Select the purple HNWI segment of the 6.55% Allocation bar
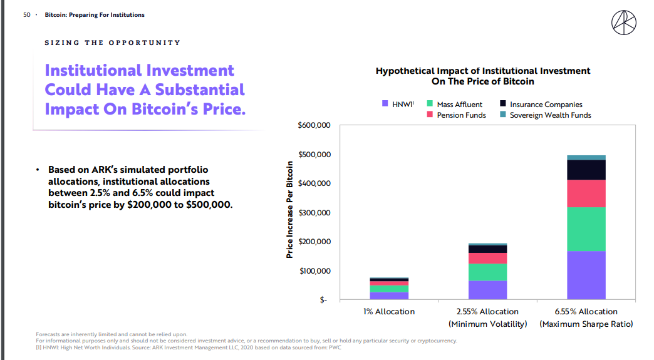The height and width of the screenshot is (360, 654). (x=586, y=275)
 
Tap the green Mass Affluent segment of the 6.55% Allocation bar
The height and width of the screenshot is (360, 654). (x=586, y=229)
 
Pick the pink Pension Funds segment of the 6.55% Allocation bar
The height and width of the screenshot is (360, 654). (x=586, y=193)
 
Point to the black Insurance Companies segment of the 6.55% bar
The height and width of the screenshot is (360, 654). (x=586, y=170)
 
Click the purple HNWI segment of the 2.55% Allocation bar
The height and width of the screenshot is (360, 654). (x=487, y=290)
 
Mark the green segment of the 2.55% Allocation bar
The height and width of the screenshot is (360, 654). (x=487, y=272)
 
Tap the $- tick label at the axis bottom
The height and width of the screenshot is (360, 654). (x=323, y=301)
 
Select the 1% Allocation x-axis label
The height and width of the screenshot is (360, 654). (x=389, y=312)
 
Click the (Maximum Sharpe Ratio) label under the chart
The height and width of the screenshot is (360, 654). (x=586, y=324)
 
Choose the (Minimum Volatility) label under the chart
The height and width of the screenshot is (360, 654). (x=487, y=324)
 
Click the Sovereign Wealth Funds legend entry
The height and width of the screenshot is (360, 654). (x=550, y=115)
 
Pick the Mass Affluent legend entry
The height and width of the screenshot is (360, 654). (x=459, y=105)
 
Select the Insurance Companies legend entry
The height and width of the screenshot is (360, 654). (x=546, y=105)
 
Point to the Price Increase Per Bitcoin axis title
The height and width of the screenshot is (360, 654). (x=289, y=210)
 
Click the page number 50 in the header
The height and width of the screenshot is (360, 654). (x=27, y=15)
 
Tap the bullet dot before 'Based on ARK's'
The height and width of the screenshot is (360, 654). (x=38, y=170)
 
